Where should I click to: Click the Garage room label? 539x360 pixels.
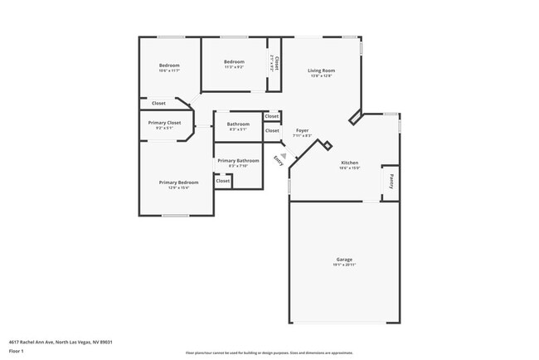coord(344,259)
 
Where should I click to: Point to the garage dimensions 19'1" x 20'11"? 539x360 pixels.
coord(344,265)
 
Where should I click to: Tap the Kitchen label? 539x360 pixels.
coord(349,162)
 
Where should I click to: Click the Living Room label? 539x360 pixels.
coord(320,71)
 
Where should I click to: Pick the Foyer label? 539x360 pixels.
coord(302,130)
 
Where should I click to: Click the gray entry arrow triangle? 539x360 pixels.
coord(283,154)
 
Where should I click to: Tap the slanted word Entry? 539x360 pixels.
coord(278,162)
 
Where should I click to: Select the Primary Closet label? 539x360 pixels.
coord(164,123)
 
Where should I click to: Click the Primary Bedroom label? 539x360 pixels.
coord(179,182)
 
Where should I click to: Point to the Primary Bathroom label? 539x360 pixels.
coord(238,160)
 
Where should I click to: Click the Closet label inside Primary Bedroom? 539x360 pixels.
coord(222,180)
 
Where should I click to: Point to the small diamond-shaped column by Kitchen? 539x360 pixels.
coord(328,146)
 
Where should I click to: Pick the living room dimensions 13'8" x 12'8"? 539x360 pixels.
coord(320,76)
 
